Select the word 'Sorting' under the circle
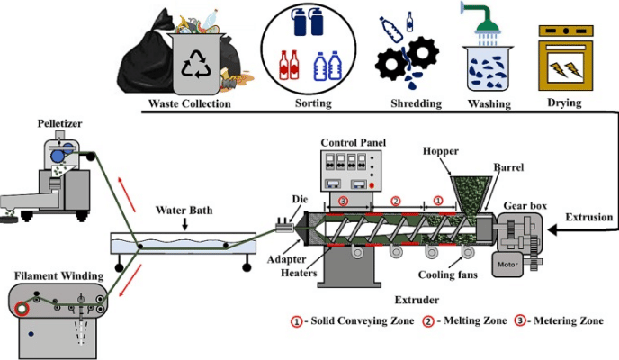[312, 103]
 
